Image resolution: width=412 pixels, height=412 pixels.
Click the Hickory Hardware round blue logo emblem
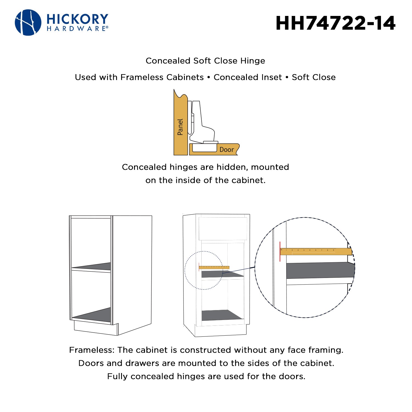click(x=28, y=23)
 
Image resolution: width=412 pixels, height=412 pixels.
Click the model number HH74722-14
click(x=335, y=23)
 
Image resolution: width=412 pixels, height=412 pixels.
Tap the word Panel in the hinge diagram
click(x=180, y=127)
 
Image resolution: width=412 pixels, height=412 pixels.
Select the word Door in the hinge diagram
click(x=227, y=150)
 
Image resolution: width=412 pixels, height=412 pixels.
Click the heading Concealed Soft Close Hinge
click(x=205, y=61)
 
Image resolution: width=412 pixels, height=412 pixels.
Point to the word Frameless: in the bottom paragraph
click(x=92, y=350)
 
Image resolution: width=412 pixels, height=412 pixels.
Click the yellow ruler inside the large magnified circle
click(x=316, y=251)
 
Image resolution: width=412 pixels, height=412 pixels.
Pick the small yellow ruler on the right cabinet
click(x=214, y=267)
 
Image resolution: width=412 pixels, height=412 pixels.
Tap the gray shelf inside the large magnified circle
click(x=320, y=270)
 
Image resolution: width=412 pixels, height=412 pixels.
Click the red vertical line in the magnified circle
click(x=280, y=251)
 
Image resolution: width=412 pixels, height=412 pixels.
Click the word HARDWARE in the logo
click(x=77, y=29)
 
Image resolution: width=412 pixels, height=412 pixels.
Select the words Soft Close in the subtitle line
click(x=314, y=77)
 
